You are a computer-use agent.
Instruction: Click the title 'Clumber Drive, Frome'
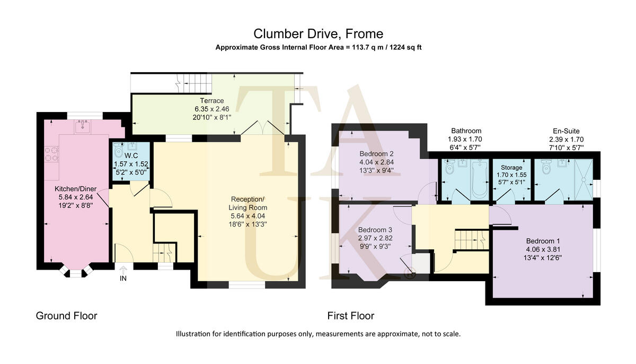tap(318, 34)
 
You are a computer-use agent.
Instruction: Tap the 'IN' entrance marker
tap(123, 278)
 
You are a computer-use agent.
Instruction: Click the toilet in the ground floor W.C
tap(119, 149)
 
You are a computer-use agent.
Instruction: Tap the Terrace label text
tap(211, 101)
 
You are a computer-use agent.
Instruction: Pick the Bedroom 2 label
tap(374, 154)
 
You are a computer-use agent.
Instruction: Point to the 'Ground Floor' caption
tap(66, 316)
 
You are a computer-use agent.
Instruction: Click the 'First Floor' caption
tap(350, 316)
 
